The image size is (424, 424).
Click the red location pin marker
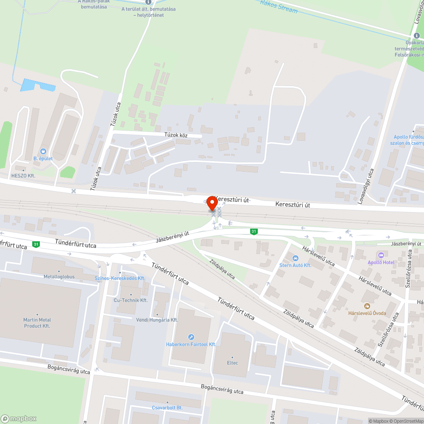click(x=212, y=204)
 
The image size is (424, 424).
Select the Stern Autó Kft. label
click(x=296, y=265)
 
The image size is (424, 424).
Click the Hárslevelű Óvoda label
click(x=367, y=313)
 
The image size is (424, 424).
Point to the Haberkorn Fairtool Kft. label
click(x=191, y=344)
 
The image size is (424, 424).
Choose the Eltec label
click(x=232, y=363)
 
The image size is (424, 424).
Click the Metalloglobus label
click(x=59, y=276)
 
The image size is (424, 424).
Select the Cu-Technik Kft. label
click(x=131, y=300)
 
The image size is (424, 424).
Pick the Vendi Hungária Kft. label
click(x=157, y=320)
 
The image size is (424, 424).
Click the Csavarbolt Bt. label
click(x=167, y=407)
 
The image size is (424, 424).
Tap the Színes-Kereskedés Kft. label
click(x=120, y=278)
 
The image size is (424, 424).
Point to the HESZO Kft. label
click(x=23, y=175)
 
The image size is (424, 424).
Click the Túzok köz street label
click(x=176, y=135)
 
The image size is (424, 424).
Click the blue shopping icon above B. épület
click(x=43, y=151)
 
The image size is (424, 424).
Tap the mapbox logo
click(x=19, y=418)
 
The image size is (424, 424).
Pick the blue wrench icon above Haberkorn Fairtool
click(x=191, y=337)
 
